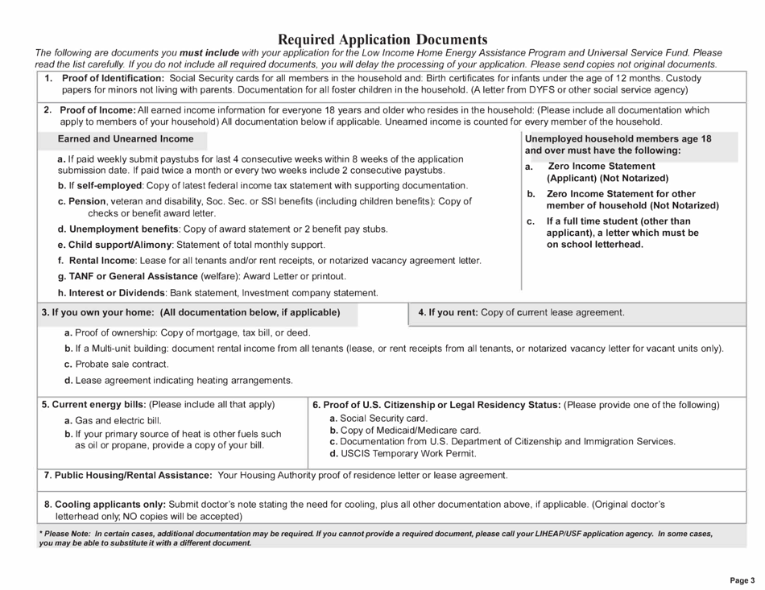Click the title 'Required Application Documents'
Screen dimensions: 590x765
(382, 39)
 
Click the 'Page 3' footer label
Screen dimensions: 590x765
(742, 580)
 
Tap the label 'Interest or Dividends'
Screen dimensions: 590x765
(118, 292)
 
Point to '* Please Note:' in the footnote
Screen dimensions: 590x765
(64, 533)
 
